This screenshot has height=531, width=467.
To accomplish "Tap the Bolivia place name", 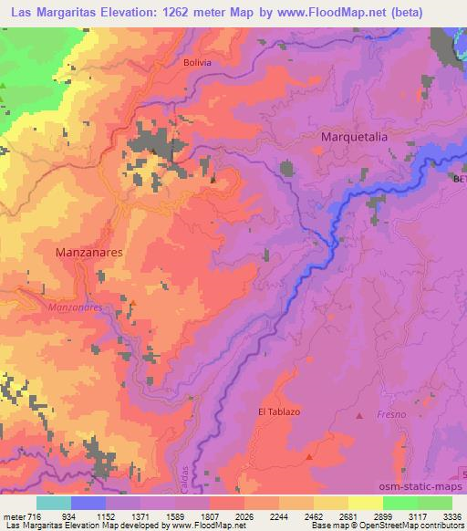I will point(197,62).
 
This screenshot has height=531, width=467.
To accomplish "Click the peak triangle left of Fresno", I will point(358,415).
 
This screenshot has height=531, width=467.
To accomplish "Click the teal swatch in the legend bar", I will point(53,503).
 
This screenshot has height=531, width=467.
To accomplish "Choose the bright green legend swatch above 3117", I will point(400,503).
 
